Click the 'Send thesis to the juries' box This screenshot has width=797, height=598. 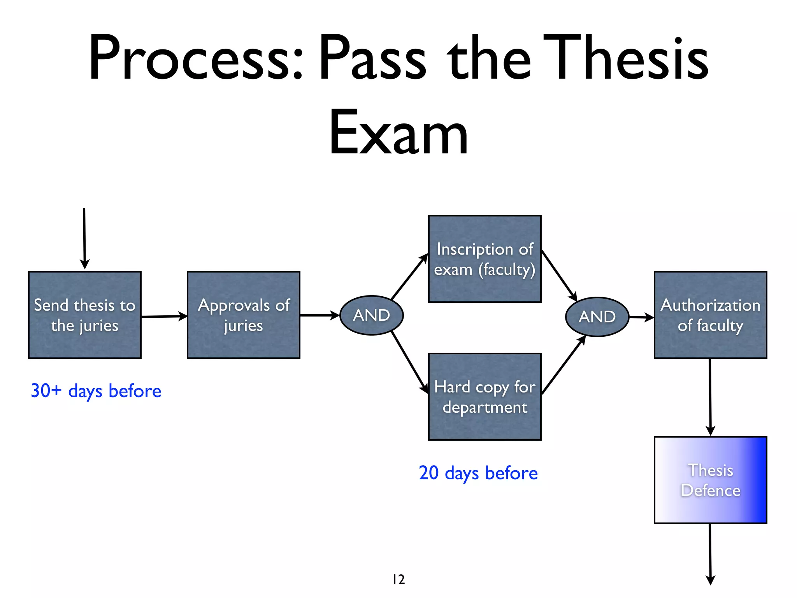point(85,315)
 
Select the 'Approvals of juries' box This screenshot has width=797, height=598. point(244,315)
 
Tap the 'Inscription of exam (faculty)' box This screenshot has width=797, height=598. point(485,259)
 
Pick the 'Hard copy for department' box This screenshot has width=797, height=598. point(485,397)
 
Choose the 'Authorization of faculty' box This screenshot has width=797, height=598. point(710,315)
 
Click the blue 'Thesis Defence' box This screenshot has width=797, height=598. point(710,480)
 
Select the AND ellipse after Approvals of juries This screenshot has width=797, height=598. point(371,315)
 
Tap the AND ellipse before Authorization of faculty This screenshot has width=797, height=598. point(597,317)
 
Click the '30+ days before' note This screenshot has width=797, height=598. point(96,391)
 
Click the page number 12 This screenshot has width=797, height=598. point(398,579)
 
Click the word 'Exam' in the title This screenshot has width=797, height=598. point(398,132)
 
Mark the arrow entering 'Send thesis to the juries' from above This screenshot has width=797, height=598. point(84,237)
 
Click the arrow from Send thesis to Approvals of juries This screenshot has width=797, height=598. point(164,316)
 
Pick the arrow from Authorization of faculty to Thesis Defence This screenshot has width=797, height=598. point(710,397)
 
